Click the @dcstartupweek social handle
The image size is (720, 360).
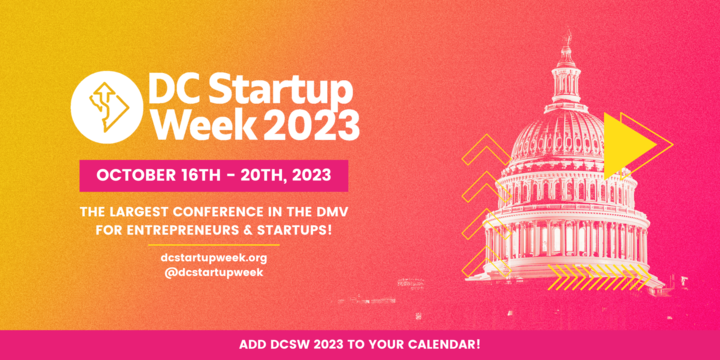(x=213, y=272)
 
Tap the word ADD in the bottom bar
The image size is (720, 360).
(x=254, y=345)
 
